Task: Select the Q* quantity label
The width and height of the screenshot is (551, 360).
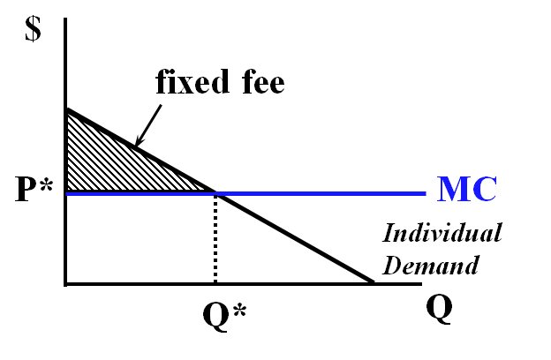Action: pos(217,312)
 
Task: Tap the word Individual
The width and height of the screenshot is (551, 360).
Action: pos(442,235)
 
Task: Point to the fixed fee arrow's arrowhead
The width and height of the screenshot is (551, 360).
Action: pos(137,144)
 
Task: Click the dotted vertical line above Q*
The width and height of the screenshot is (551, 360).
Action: pos(215,238)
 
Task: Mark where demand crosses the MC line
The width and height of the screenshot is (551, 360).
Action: pos(215,192)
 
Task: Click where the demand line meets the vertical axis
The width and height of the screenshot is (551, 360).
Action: pos(66,109)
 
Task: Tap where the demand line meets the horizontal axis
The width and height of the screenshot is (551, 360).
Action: pos(373,283)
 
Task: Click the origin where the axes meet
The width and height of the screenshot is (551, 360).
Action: pos(66,283)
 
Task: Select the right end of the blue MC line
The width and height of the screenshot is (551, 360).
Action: pos(426,192)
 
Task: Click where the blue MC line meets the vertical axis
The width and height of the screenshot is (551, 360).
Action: pos(67,192)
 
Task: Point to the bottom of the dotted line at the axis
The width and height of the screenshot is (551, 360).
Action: pos(215,282)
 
